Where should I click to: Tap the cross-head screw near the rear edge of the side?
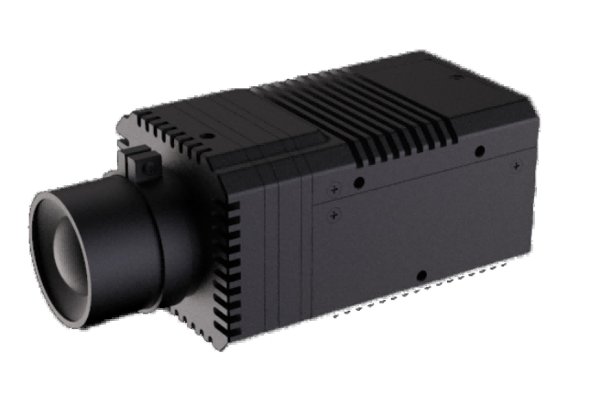518,166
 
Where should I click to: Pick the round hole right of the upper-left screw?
359,182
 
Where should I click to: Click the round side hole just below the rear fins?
479,151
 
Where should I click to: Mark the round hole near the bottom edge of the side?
421,275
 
